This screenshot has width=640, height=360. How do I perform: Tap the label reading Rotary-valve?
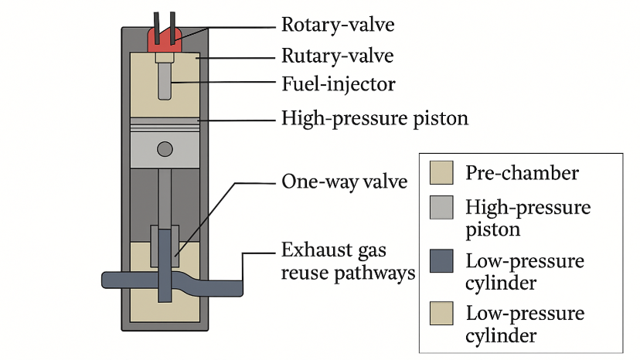337,25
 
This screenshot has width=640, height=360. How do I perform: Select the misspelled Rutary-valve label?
337,56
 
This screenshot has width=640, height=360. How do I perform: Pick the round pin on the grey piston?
164,148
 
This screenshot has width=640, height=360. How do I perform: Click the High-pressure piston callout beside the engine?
374,119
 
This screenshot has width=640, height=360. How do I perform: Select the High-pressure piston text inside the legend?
528,218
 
